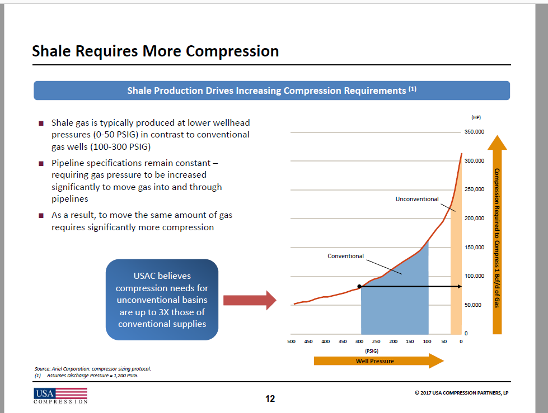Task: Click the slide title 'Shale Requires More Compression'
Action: [x=155, y=51]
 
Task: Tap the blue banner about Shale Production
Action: [x=271, y=91]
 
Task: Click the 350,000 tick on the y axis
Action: [x=474, y=132]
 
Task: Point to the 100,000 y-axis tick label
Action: [x=474, y=276]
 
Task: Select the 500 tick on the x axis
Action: [x=291, y=341]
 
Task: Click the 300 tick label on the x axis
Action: [x=359, y=341]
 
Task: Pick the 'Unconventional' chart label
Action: [x=417, y=199]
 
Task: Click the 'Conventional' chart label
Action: [x=345, y=256]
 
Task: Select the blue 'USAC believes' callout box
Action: [x=162, y=300]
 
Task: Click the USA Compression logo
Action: [x=60, y=396]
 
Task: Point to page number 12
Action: [x=270, y=398]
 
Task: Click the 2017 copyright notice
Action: [x=461, y=392]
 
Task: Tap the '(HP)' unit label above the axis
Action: [x=476, y=117]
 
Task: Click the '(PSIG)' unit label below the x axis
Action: [x=372, y=351]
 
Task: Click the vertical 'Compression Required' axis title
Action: [x=497, y=238]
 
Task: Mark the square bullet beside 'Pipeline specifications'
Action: [x=41, y=164]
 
